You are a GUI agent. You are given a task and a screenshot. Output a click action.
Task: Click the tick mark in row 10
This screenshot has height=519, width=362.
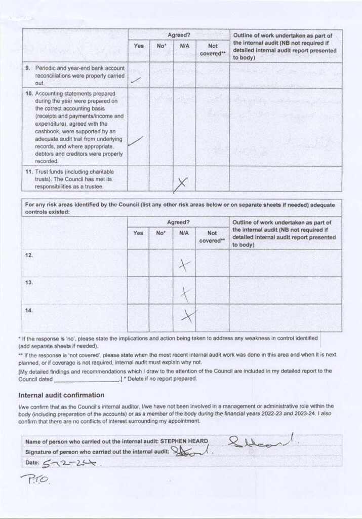[135, 141]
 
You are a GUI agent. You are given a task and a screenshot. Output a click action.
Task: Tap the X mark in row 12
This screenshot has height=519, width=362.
[184, 265]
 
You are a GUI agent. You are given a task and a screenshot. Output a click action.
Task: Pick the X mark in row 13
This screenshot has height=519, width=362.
[186, 292]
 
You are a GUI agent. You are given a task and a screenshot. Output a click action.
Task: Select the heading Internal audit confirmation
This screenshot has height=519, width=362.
[61, 395]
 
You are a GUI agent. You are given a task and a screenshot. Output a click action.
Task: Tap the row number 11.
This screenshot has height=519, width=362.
[29, 172]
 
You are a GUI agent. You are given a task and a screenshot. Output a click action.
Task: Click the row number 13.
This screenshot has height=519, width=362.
[29, 282]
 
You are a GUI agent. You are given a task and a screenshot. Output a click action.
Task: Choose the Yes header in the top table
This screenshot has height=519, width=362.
[138, 46]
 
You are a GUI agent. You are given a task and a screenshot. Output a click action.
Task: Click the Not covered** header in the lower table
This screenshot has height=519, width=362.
[212, 237]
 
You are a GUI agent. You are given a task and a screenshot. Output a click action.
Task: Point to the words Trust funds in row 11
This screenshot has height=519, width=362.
[48, 172]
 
